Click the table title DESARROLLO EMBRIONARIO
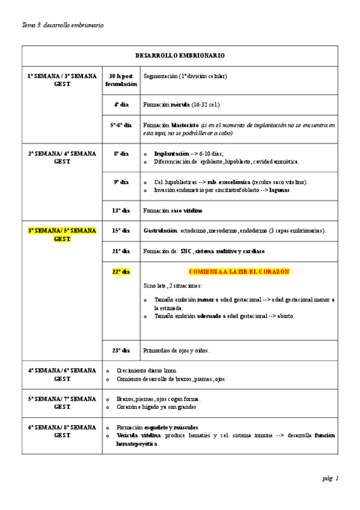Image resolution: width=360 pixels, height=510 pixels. (x=180, y=55)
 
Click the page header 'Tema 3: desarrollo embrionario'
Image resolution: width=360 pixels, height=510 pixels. (x=63, y=25)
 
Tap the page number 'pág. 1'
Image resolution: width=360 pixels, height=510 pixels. (x=331, y=478)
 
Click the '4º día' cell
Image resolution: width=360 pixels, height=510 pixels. (x=121, y=104)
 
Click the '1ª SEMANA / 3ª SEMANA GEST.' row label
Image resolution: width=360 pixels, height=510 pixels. (x=62, y=80)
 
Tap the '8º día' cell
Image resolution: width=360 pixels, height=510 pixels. (x=121, y=153)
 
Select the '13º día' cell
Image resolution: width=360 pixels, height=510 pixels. (x=121, y=210)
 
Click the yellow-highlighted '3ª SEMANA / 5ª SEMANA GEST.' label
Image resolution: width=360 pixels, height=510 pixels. (x=62, y=234)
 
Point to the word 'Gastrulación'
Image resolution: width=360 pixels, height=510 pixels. (x=160, y=230)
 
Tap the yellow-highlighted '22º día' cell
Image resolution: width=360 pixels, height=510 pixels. (x=121, y=271)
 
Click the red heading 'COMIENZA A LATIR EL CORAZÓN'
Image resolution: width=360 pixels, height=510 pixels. (x=239, y=271)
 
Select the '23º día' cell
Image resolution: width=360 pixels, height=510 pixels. (x=121, y=349)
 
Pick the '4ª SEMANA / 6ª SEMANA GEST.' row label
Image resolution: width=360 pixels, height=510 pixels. (x=62, y=375)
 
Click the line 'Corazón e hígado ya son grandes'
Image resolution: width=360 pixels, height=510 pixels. (x=156, y=407)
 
